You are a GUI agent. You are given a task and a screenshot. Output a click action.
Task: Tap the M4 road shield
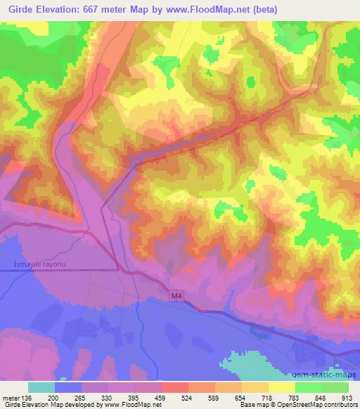(x=176, y=297)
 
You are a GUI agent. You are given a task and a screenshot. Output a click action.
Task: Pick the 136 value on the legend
(x=26, y=397)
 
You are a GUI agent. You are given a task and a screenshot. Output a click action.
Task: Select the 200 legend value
(x=54, y=397)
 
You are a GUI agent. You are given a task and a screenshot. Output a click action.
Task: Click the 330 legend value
(x=106, y=397)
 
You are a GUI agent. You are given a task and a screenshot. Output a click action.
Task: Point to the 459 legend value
(x=160, y=397)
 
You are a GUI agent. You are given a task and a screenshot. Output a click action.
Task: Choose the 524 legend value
(x=186, y=397)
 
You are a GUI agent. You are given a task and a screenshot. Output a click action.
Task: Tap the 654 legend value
(x=239, y=397)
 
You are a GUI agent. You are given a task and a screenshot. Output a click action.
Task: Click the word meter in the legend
(x=10, y=397)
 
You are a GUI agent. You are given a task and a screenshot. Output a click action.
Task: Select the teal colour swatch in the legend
(x=41, y=387)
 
